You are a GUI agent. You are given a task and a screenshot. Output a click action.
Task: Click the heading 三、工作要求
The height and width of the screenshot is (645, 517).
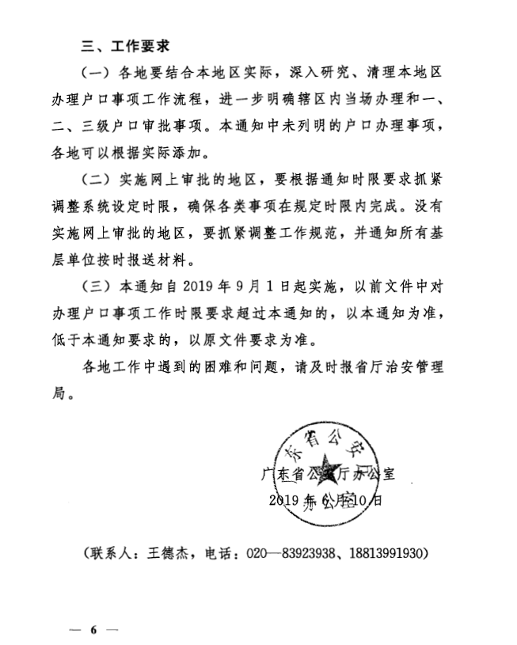click(x=126, y=44)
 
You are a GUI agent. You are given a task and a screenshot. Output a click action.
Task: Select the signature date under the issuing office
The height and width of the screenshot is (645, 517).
click(x=325, y=500)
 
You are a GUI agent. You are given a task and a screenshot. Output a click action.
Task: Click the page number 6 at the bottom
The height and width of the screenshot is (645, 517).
click(x=93, y=630)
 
